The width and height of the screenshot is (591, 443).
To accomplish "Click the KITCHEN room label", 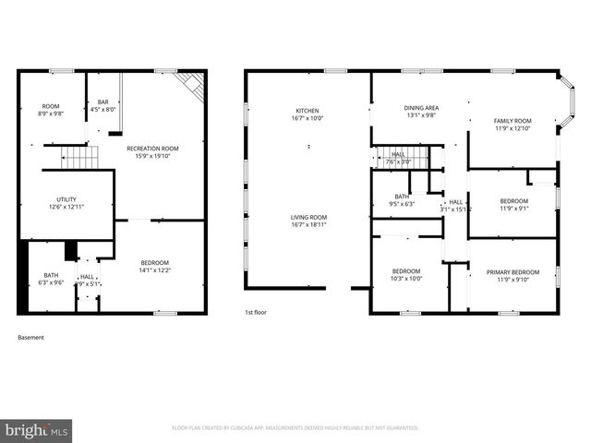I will [x=308, y=111].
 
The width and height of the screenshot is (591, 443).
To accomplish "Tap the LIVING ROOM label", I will [x=308, y=217].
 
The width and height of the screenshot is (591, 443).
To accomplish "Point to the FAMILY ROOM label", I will [x=513, y=121].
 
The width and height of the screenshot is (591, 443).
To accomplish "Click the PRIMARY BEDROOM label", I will [x=513, y=271].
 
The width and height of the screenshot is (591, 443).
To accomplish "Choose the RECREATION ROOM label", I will [x=154, y=148].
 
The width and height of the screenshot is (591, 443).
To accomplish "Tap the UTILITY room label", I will [x=66, y=199].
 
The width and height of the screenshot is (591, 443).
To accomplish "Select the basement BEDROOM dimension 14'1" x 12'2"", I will [x=154, y=270].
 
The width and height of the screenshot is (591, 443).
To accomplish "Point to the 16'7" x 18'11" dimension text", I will [x=308, y=224].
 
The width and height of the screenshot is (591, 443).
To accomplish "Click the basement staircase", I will [x=79, y=158].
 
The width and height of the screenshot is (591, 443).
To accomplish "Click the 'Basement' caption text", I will [x=30, y=338].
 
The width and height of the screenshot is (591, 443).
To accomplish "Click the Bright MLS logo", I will [x=38, y=430].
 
